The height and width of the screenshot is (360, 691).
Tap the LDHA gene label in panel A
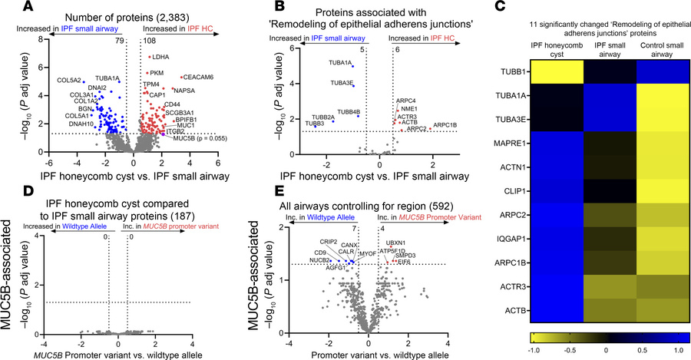[163, 57]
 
